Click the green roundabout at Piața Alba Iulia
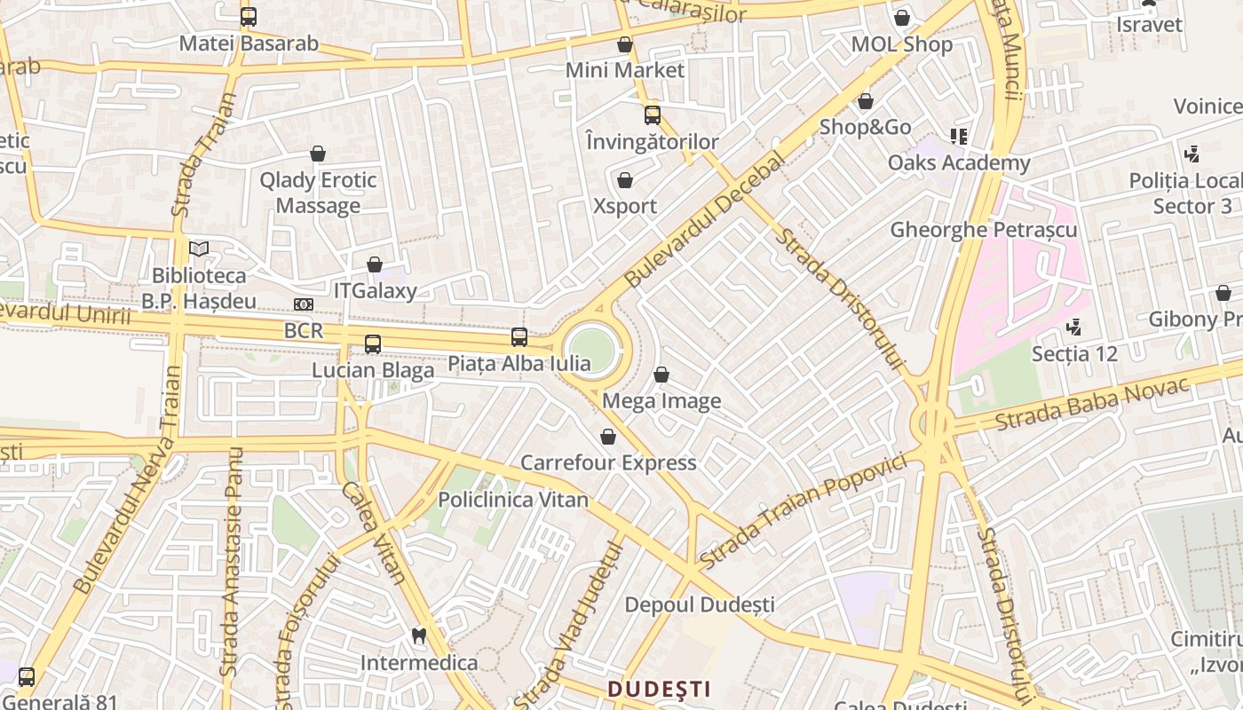click(x=591, y=349)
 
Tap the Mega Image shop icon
click(x=661, y=375)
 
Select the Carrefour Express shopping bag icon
click(x=608, y=437)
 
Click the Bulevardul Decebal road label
click(x=706, y=219)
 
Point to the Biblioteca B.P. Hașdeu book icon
click(x=199, y=249)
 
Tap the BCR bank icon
click(x=304, y=304)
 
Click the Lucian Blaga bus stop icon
click(x=373, y=344)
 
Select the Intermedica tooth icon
click(x=419, y=635)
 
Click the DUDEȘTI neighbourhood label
click(x=659, y=689)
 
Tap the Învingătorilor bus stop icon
click(x=653, y=115)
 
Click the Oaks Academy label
click(x=959, y=163)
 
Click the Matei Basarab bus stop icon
click(x=249, y=17)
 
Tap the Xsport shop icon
click(x=625, y=181)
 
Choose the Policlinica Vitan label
click(x=513, y=500)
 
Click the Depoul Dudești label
click(x=700, y=605)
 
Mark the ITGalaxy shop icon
click(x=375, y=264)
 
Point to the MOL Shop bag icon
click(x=902, y=18)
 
